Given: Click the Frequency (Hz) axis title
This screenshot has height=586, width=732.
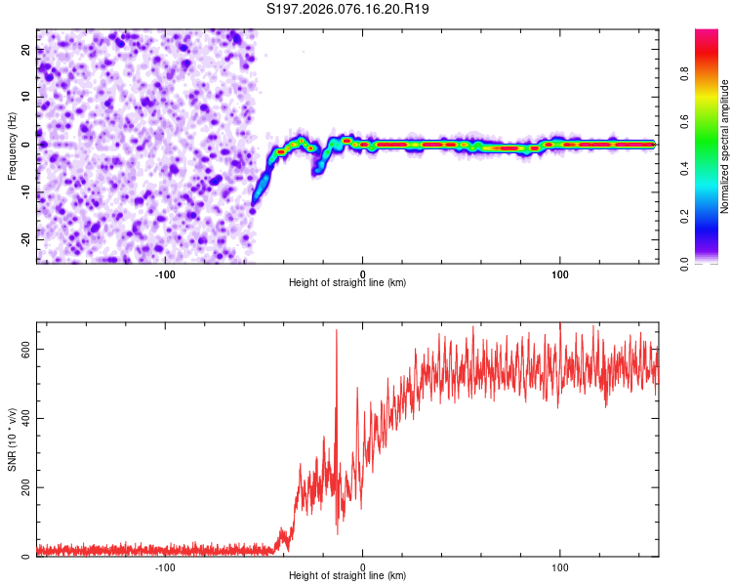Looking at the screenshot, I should tap(13, 146).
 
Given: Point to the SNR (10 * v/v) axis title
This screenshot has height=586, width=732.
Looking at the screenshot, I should tap(13, 439).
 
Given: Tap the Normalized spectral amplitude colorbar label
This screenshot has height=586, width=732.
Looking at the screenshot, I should tap(725, 146).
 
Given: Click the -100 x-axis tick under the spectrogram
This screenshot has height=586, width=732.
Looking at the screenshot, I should tap(164, 272).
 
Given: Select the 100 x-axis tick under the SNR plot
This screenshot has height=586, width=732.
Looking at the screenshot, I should tap(560, 566).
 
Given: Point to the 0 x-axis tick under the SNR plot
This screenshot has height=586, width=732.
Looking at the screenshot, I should tap(362, 566).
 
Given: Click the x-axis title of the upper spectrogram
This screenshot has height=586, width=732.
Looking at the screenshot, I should tap(347, 282).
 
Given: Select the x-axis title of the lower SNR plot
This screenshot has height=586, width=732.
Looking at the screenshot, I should tap(347, 576).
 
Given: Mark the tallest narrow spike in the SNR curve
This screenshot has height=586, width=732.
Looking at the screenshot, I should tap(337, 331).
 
